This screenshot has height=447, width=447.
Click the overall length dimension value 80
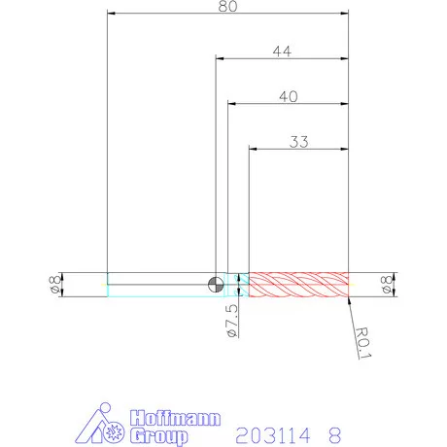(x=227, y=6)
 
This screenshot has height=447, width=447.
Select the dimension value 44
(x=282, y=52)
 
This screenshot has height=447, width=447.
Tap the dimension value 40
(x=289, y=96)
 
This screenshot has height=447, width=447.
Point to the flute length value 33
(x=298, y=142)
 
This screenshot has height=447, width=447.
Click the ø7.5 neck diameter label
(x=232, y=321)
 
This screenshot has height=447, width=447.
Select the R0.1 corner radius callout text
(x=362, y=343)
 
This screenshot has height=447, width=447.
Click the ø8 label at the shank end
(x=55, y=285)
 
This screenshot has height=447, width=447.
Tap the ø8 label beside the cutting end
(x=387, y=285)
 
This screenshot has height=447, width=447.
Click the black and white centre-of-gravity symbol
(x=216, y=285)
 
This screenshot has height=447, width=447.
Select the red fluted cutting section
(x=298, y=285)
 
